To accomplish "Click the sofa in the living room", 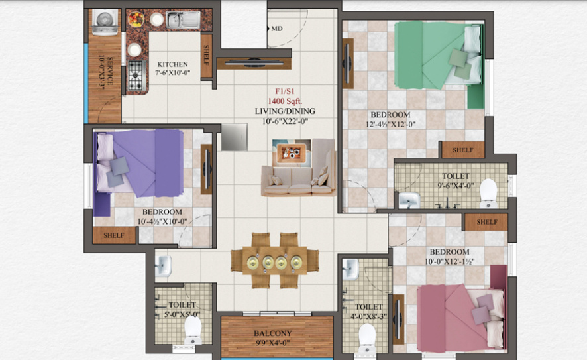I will point(298,176).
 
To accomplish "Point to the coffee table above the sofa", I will point(291,152).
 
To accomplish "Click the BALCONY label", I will point(272,333).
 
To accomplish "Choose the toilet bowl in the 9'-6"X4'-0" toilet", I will point(488,192).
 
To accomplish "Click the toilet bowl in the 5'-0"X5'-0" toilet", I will point(192,328).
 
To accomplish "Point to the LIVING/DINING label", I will point(285,111).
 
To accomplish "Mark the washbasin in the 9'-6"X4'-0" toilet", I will point(409,199).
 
